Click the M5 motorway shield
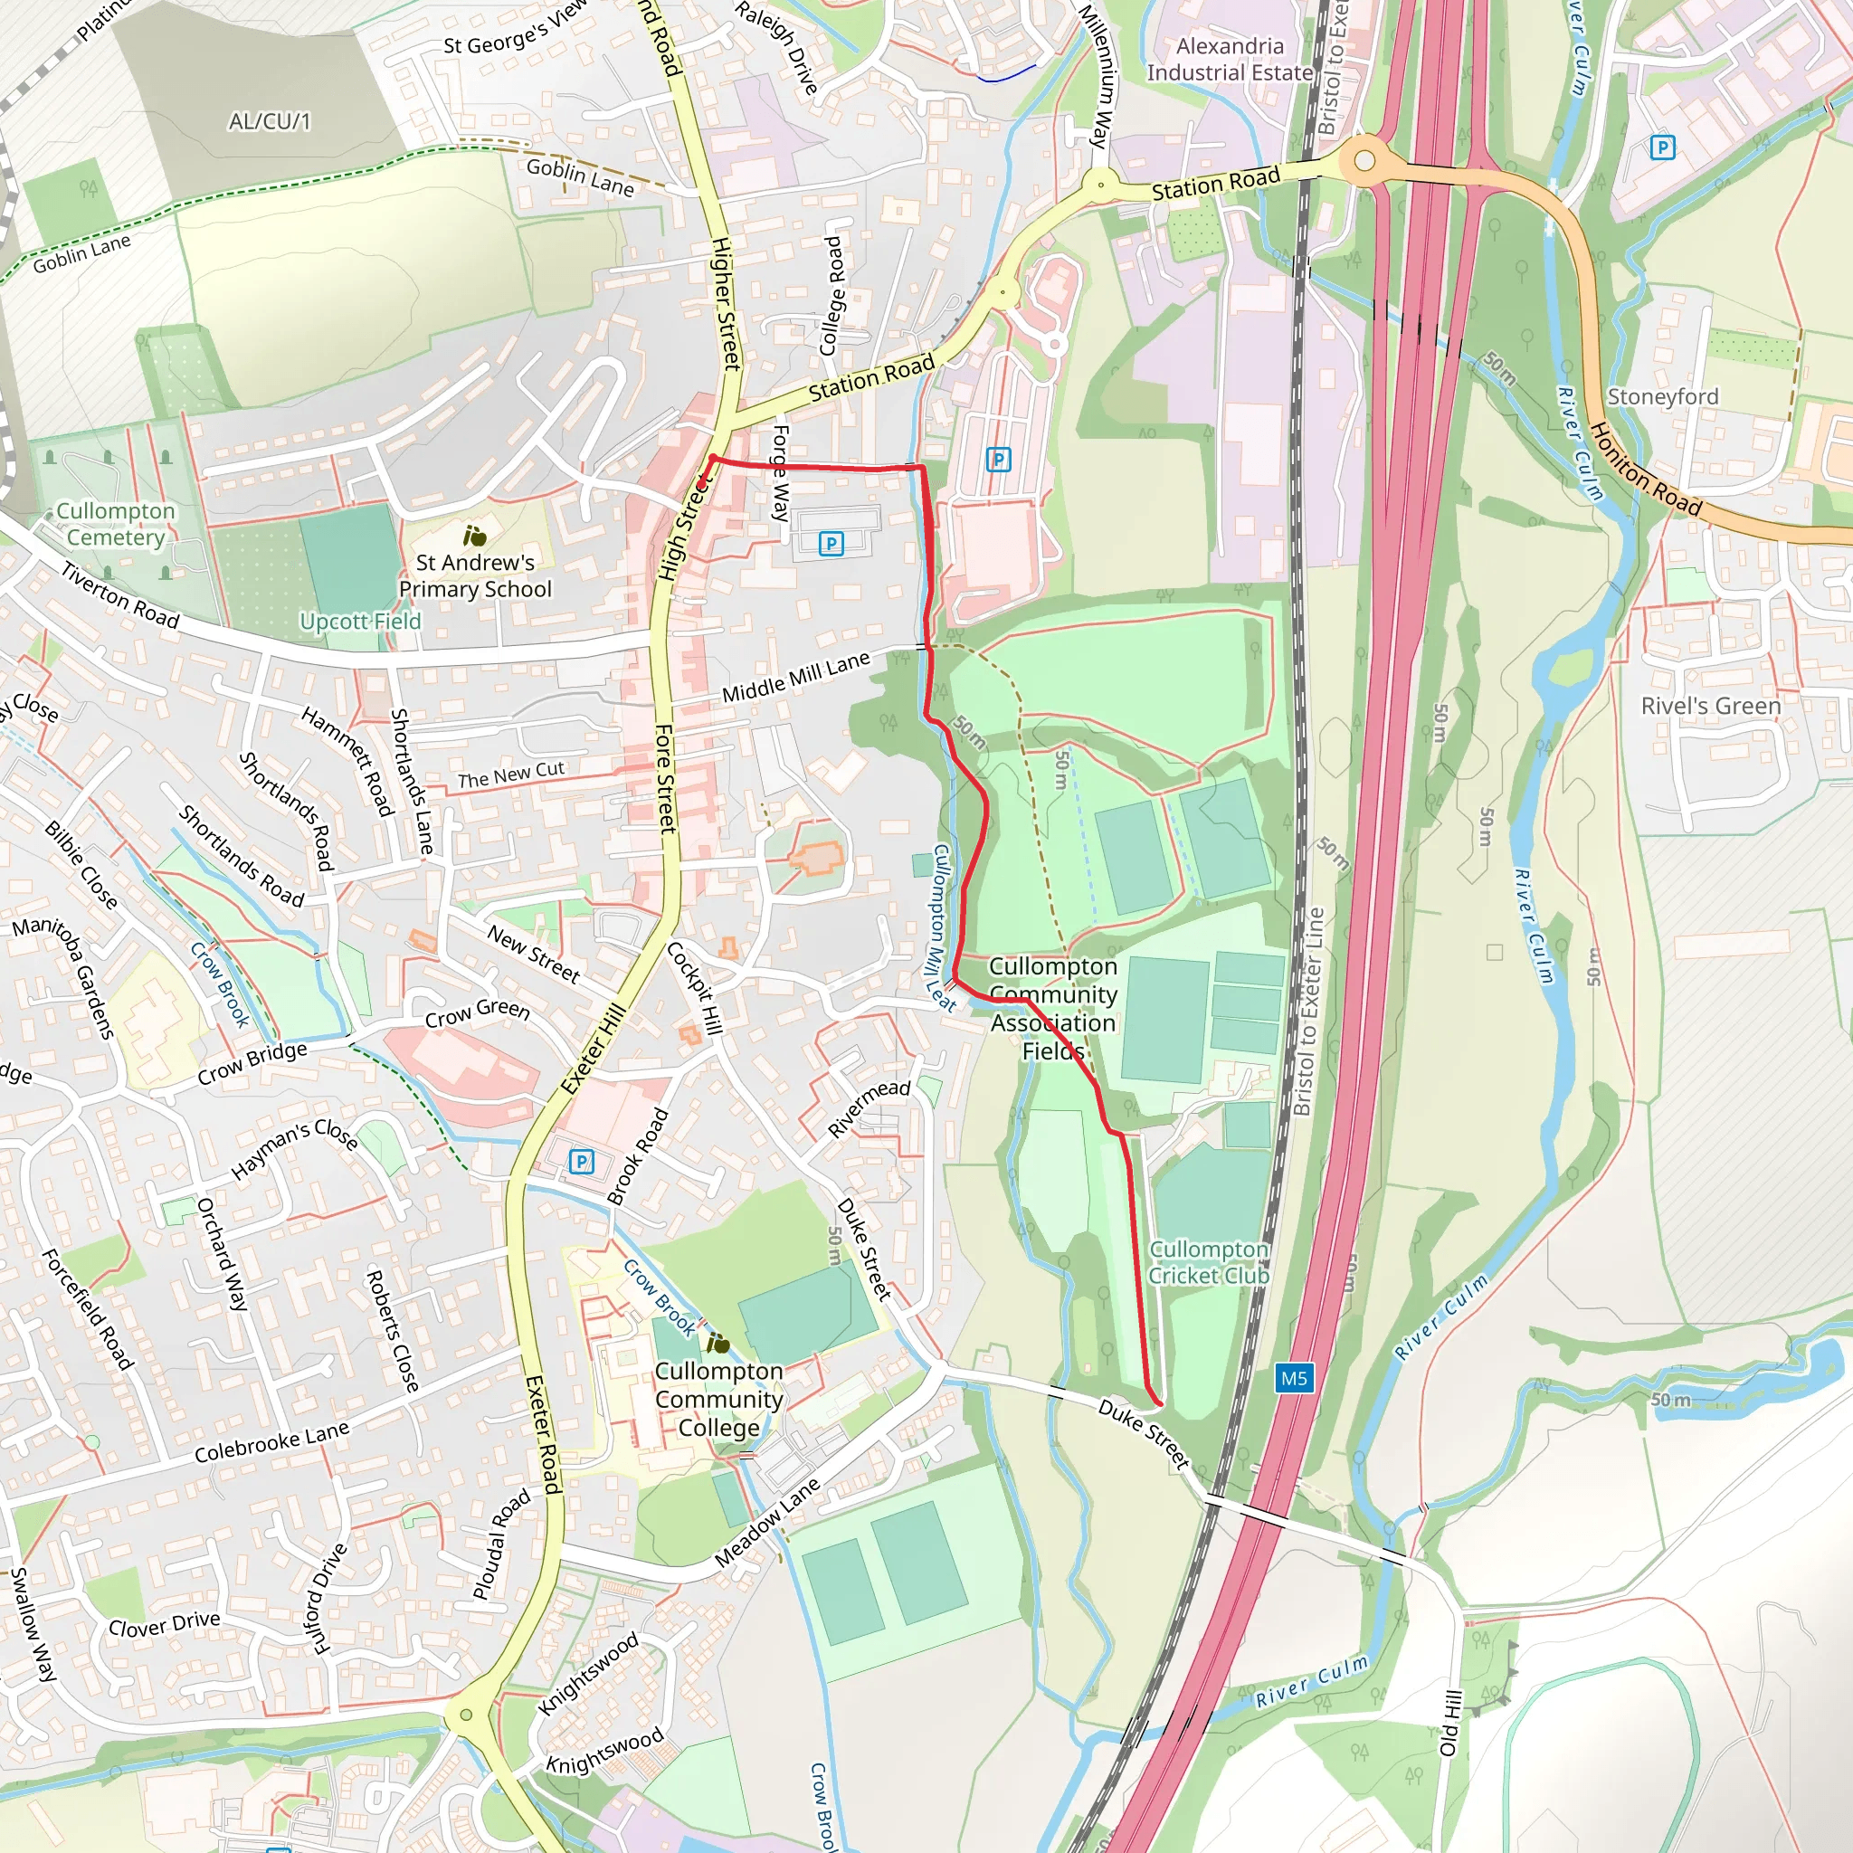point(1293,1378)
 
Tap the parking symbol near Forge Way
point(831,544)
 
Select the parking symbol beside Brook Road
point(581,1162)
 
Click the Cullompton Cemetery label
point(116,524)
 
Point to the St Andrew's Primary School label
point(475,575)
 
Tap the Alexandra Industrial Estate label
point(1230,60)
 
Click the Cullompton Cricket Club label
point(1209,1262)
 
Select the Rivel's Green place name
point(1710,706)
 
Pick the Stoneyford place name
point(1662,396)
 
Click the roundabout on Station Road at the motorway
point(1364,161)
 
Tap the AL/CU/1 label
point(270,121)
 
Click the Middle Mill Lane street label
point(795,676)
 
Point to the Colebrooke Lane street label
point(271,1441)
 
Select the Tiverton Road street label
point(120,595)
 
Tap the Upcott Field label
point(360,622)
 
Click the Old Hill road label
point(1450,1724)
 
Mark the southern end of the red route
point(1159,1403)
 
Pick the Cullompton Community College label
point(718,1400)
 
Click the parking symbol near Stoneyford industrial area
point(1662,147)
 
